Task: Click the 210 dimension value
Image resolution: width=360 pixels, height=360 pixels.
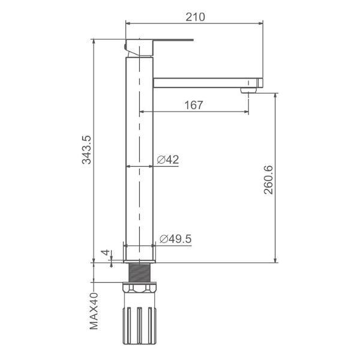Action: coord(195,17)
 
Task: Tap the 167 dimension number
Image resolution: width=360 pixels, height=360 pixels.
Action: coord(194,105)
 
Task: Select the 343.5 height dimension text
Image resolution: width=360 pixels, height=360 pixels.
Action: coord(87,150)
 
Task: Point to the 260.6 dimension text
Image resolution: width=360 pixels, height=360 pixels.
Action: coord(268,180)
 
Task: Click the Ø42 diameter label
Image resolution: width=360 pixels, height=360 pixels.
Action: coord(168,160)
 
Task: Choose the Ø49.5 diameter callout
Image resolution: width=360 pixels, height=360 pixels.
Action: coord(175,239)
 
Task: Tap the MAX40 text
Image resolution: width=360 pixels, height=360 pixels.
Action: coord(94,311)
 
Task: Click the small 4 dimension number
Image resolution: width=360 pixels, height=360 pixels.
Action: coord(106,253)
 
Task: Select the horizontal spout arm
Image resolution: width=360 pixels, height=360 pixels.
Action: coord(208,83)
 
